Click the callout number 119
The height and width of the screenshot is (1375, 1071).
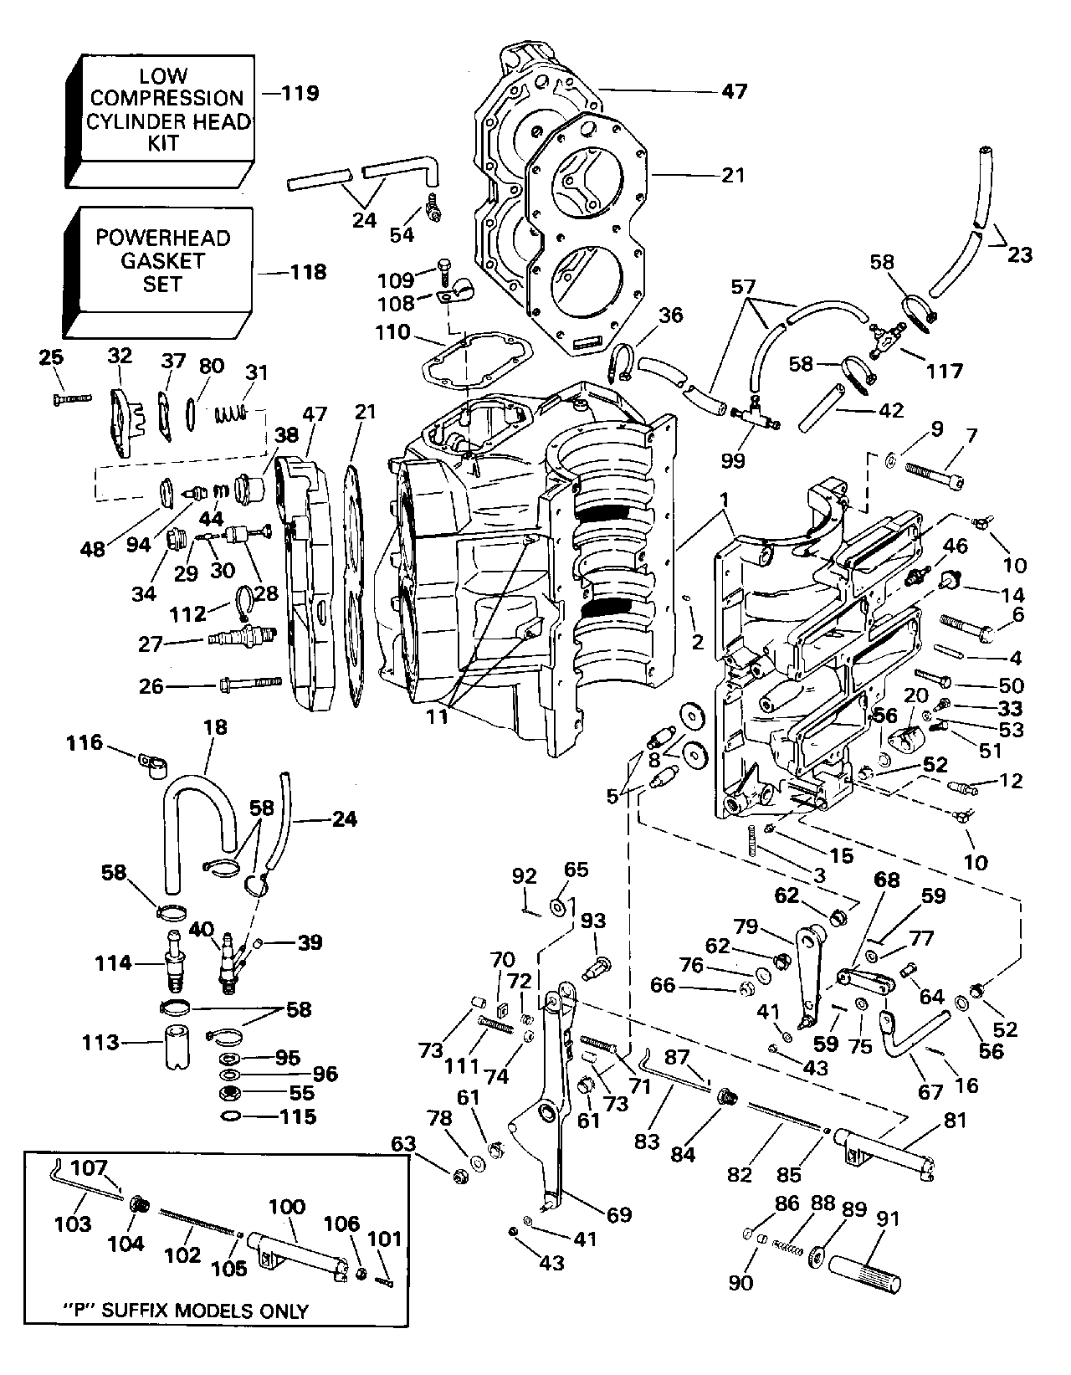point(300,92)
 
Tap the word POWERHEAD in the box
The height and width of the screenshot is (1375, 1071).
point(162,238)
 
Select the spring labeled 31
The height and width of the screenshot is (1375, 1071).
point(232,412)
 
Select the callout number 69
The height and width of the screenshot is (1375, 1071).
point(618,1215)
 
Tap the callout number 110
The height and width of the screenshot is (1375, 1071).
point(393,332)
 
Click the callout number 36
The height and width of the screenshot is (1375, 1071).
point(671,316)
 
